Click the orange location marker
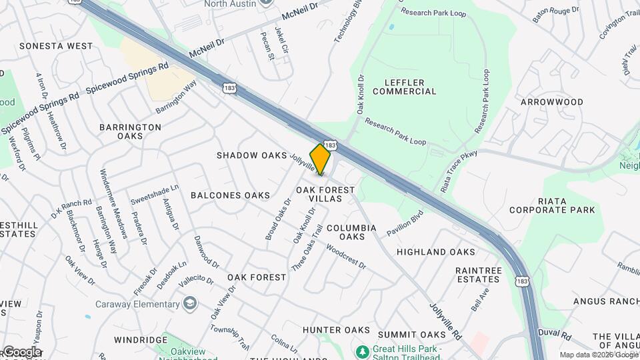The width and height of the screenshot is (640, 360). [321, 159]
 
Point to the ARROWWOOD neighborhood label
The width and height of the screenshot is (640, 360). [551, 102]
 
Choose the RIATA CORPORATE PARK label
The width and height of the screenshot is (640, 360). [552, 205]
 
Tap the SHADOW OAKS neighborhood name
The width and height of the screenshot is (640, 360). [251, 155]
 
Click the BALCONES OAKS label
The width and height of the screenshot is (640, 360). [230, 195]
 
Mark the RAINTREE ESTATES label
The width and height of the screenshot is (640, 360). [478, 275]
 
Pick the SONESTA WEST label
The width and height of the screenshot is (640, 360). [56, 46]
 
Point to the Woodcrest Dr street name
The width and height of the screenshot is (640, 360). [346, 256]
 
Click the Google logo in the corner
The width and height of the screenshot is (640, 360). [21, 352]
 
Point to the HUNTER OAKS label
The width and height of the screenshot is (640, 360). [336, 330]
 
